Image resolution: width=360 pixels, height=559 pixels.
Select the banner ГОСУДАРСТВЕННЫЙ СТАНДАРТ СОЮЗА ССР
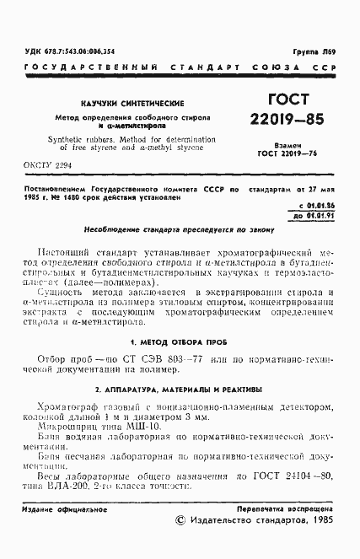click(x=180, y=67)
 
